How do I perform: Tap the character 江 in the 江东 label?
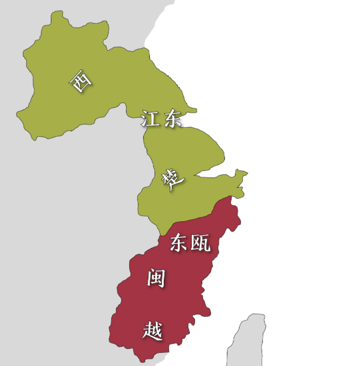pos(149,119)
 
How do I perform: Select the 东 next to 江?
pos(170,119)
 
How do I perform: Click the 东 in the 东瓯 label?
pos(179,242)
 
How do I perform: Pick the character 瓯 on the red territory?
pos(200,242)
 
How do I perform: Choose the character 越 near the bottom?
pos(152,330)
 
